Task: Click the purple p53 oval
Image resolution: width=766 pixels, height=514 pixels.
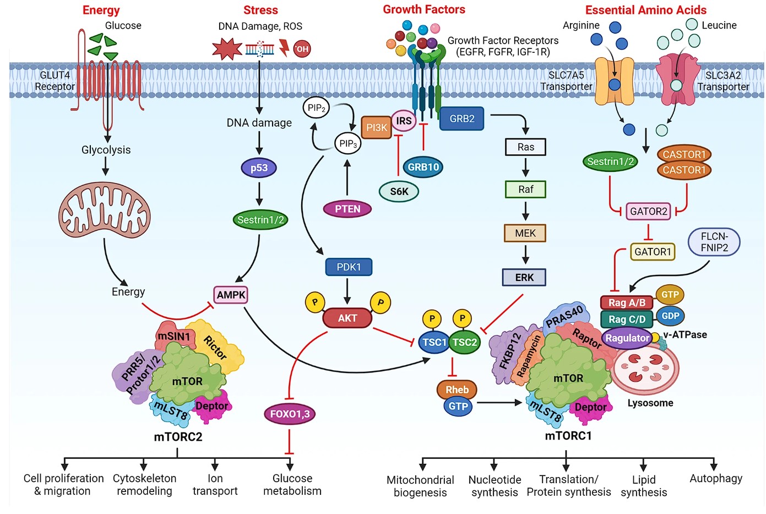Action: [x=259, y=168]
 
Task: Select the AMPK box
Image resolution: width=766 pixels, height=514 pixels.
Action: [x=231, y=295]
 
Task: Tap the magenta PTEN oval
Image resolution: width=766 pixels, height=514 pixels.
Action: [x=347, y=209]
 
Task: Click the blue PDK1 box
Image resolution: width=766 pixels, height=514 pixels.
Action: [x=349, y=267]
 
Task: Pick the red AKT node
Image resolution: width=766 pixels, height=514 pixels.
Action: [x=347, y=318]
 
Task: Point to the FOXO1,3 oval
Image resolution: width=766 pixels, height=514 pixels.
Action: [x=290, y=414]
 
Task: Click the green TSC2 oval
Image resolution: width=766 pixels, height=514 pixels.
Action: [x=465, y=342]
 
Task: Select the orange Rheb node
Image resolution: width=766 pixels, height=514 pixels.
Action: [x=457, y=389]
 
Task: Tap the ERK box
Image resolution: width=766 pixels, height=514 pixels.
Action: [x=524, y=278]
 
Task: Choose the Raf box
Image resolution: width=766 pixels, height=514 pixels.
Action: [x=525, y=190]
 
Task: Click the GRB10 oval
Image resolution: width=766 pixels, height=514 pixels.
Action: [x=423, y=167]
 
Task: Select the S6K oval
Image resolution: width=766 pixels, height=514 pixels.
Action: [x=399, y=191]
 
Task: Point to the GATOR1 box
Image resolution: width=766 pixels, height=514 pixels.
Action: [x=653, y=252]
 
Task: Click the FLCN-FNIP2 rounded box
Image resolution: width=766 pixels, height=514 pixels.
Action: [x=714, y=242]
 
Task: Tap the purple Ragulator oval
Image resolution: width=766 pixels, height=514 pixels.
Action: [x=627, y=338]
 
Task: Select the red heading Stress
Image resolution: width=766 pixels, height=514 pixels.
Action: [x=260, y=10]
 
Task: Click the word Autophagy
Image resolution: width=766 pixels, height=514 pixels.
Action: [x=715, y=478]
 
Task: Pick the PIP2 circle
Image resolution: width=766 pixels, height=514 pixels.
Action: [x=316, y=108]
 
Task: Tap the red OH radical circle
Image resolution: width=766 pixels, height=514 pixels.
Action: [x=302, y=49]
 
